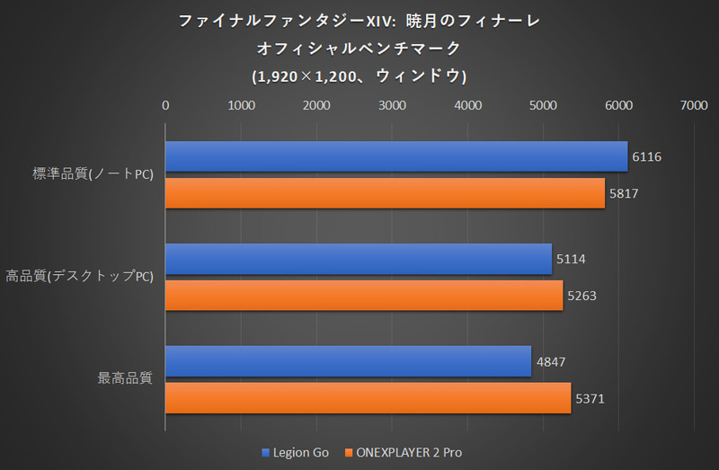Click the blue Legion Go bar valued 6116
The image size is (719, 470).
click(x=395, y=156)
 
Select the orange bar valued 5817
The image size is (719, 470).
click(x=385, y=192)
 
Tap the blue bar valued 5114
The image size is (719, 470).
click(x=358, y=259)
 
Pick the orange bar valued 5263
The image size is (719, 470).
click(x=363, y=295)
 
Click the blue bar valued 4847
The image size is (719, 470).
click(x=348, y=361)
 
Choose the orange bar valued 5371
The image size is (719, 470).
click(x=368, y=397)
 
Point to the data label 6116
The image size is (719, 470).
click(x=647, y=156)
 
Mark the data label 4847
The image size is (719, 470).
click(x=551, y=361)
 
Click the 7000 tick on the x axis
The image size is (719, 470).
click(x=694, y=106)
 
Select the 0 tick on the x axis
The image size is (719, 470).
click(x=165, y=106)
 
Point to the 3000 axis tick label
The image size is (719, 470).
click(x=392, y=106)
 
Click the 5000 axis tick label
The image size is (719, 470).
click(x=543, y=106)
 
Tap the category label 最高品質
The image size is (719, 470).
click(x=125, y=378)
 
